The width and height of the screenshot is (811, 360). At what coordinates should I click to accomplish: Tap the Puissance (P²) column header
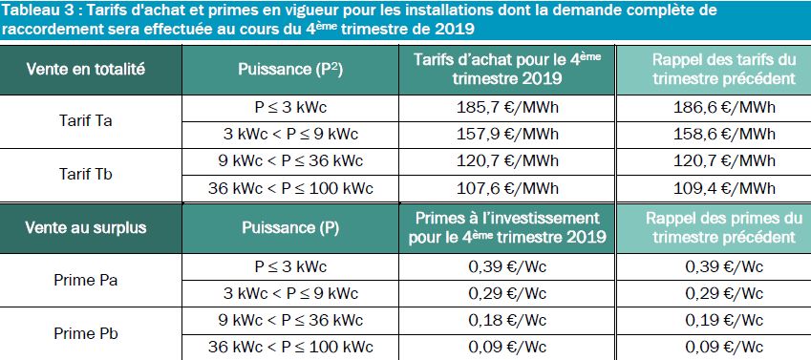point(290,70)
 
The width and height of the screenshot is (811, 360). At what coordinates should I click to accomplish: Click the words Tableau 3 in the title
point(38,11)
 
